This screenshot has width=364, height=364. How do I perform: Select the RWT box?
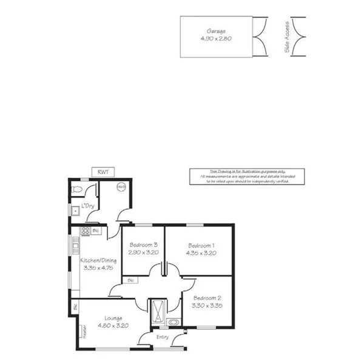point(101,172)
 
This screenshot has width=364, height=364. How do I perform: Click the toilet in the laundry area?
point(76,191)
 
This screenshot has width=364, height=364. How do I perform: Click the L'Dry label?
point(88,205)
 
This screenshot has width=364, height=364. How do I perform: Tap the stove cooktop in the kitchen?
point(86,231)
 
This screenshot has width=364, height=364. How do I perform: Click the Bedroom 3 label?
point(144,244)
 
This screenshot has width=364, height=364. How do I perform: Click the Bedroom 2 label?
point(207,298)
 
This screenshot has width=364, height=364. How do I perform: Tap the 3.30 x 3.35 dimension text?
point(207,306)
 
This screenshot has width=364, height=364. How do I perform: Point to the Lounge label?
point(113,317)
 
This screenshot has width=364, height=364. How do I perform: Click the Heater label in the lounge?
point(78,331)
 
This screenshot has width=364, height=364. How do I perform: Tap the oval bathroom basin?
point(174,322)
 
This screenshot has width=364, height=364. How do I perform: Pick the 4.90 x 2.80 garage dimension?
point(216,39)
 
